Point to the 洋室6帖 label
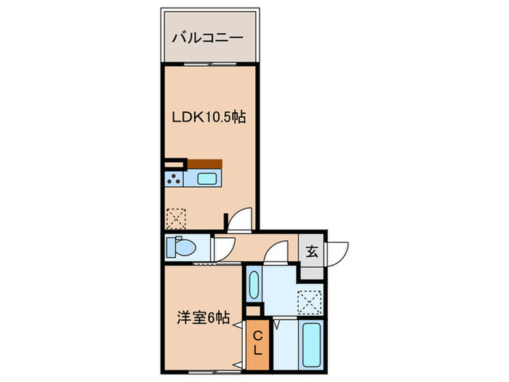(204, 317)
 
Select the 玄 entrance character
(312, 252)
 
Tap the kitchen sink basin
(207, 179)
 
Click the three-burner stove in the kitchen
(175, 178)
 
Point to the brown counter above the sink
(204, 163)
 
